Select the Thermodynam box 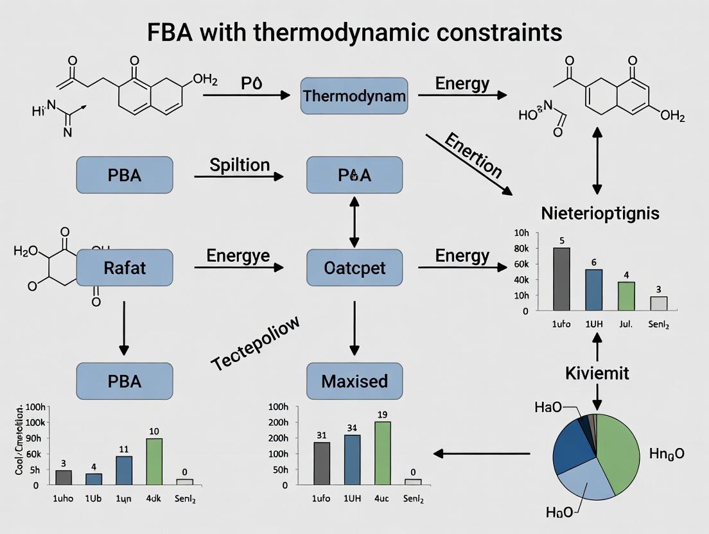(354, 96)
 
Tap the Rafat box (125, 268)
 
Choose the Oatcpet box (354, 268)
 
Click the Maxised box (354, 381)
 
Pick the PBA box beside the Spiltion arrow (125, 175)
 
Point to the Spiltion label (240, 165)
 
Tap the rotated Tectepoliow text (256, 343)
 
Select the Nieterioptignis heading (600, 213)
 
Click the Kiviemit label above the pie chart (597, 373)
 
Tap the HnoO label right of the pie (666, 454)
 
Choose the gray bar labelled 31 (322, 463)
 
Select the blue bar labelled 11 (124, 470)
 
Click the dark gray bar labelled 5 (561, 279)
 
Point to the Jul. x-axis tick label (626, 325)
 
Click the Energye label (238, 256)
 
